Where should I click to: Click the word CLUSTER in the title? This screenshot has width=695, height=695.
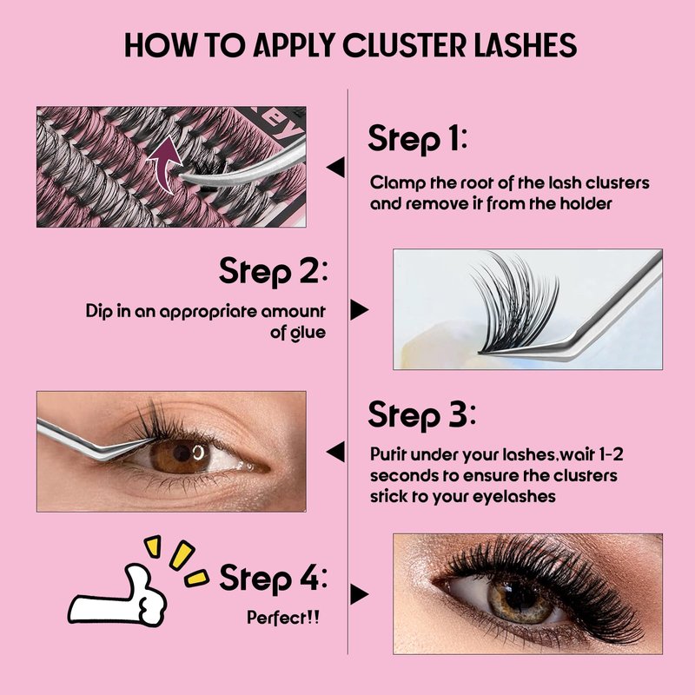point(405,45)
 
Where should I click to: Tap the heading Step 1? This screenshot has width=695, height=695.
point(418,139)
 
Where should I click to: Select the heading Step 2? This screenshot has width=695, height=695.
point(273,271)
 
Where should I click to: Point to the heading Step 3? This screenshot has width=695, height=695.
point(421,415)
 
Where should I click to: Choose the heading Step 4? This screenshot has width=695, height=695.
point(273,579)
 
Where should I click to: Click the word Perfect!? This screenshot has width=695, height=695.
point(283,617)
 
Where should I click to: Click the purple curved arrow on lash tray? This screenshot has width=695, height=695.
point(164,165)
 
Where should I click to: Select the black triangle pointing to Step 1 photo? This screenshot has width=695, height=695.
point(335,167)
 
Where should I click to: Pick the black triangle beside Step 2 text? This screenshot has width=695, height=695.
point(359,309)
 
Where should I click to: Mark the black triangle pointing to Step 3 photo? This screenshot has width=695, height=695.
point(335,452)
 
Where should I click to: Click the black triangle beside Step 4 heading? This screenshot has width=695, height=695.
point(359,594)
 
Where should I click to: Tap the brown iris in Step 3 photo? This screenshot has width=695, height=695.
point(181,455)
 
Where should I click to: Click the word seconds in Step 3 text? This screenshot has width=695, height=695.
point(399,475)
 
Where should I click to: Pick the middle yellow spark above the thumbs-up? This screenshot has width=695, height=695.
point(182,554)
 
